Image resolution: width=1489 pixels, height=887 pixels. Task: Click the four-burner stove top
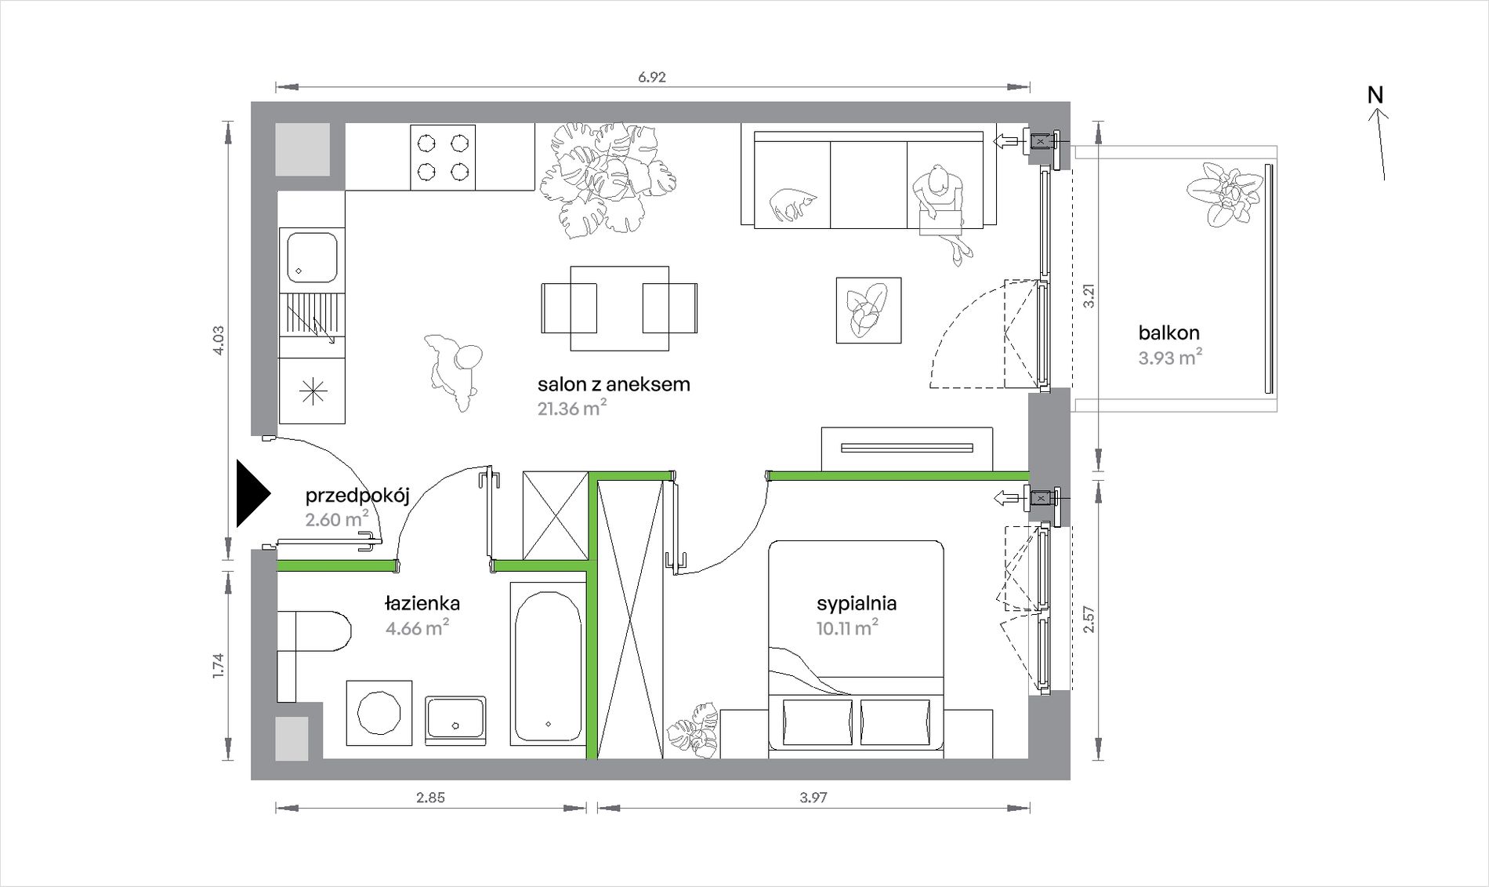pyautogui.click(x=443, y=157)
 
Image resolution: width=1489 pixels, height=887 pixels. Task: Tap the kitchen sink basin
pyautogui.click(x=312, y=256)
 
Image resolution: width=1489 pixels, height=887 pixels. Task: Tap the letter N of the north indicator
pyautogui.click(x=1375, y=95)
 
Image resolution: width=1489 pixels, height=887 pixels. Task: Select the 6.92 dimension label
pyautogui.click(x=652, y=77)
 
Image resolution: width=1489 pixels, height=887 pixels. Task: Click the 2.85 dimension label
pyautogui.click(x=430, y=798)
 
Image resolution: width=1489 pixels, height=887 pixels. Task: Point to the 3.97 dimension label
pyautogui.click(x=813, y=798)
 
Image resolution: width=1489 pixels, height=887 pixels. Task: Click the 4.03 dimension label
pyautogui.click(x=219, y=340)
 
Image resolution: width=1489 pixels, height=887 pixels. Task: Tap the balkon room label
pyautogui.click(x=1169, y=333)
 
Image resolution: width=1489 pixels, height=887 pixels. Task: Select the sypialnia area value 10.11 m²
pyautogui.click(x=847, y=627)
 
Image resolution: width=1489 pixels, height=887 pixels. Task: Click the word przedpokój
pyautogui.click(x=357, y=496)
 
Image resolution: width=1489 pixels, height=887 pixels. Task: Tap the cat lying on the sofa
pyautogui.click(x=793, y=205)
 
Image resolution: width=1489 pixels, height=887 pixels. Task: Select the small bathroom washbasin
pyautogui.click(x=455, y=721)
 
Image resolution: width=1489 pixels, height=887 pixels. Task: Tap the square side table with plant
pyautogui.click(x=868, y=311)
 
